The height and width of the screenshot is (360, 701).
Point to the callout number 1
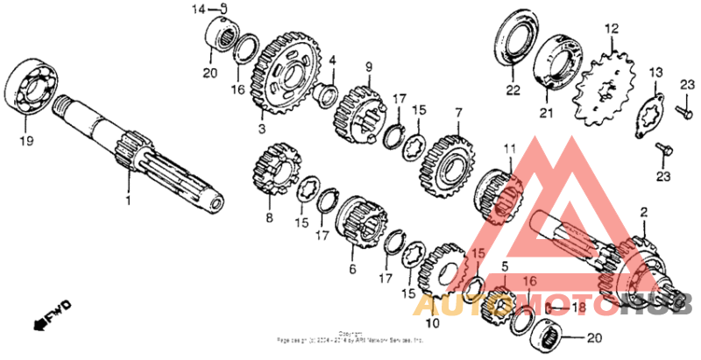click(x=128, y=201)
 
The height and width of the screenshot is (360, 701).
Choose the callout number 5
click(x=505, y=266)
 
